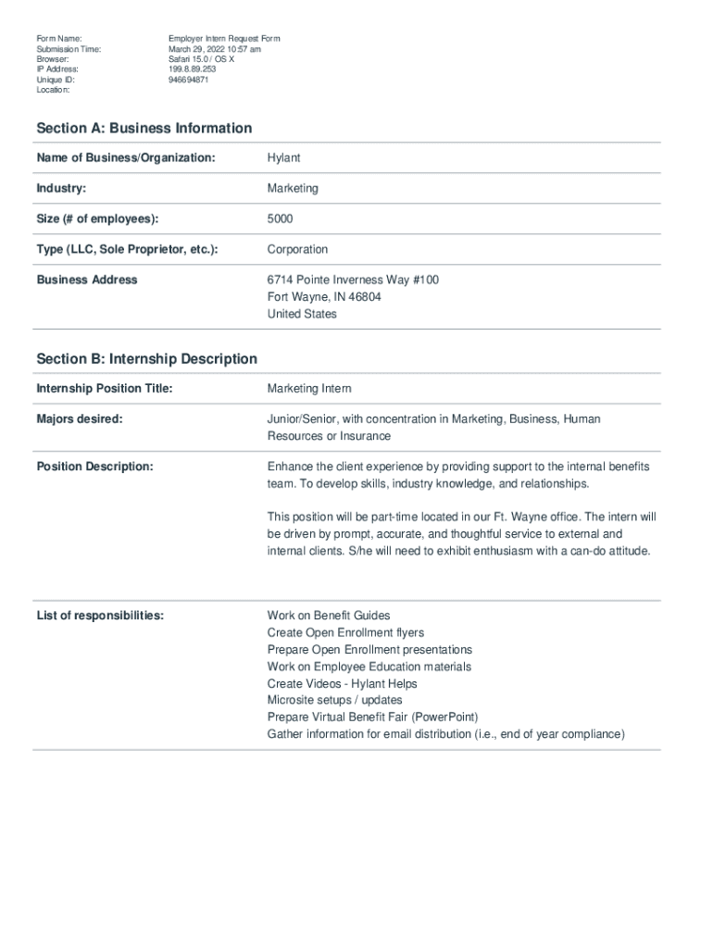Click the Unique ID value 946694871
click(188, 80)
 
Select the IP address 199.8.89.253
click(192, 69)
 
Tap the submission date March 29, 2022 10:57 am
click(214, 49)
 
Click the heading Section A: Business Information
click(144, 128)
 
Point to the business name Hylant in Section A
click(283, 158)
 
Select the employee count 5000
click(281, 219)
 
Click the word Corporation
click(297, 250)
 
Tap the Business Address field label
click(86, 280)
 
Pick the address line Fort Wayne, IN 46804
click(324, 297)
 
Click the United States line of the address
click(302, 314)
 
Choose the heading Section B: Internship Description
click(146, 358)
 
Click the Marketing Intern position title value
click(309, 389)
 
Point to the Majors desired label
click(79, 419)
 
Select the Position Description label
click(94, 467)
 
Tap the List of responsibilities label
click(100, 616)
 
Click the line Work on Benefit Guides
click(329, 616)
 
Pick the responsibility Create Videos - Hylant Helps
click(342, 683)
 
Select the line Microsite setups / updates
click(334, 701)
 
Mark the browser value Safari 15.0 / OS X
click(201, 59)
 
